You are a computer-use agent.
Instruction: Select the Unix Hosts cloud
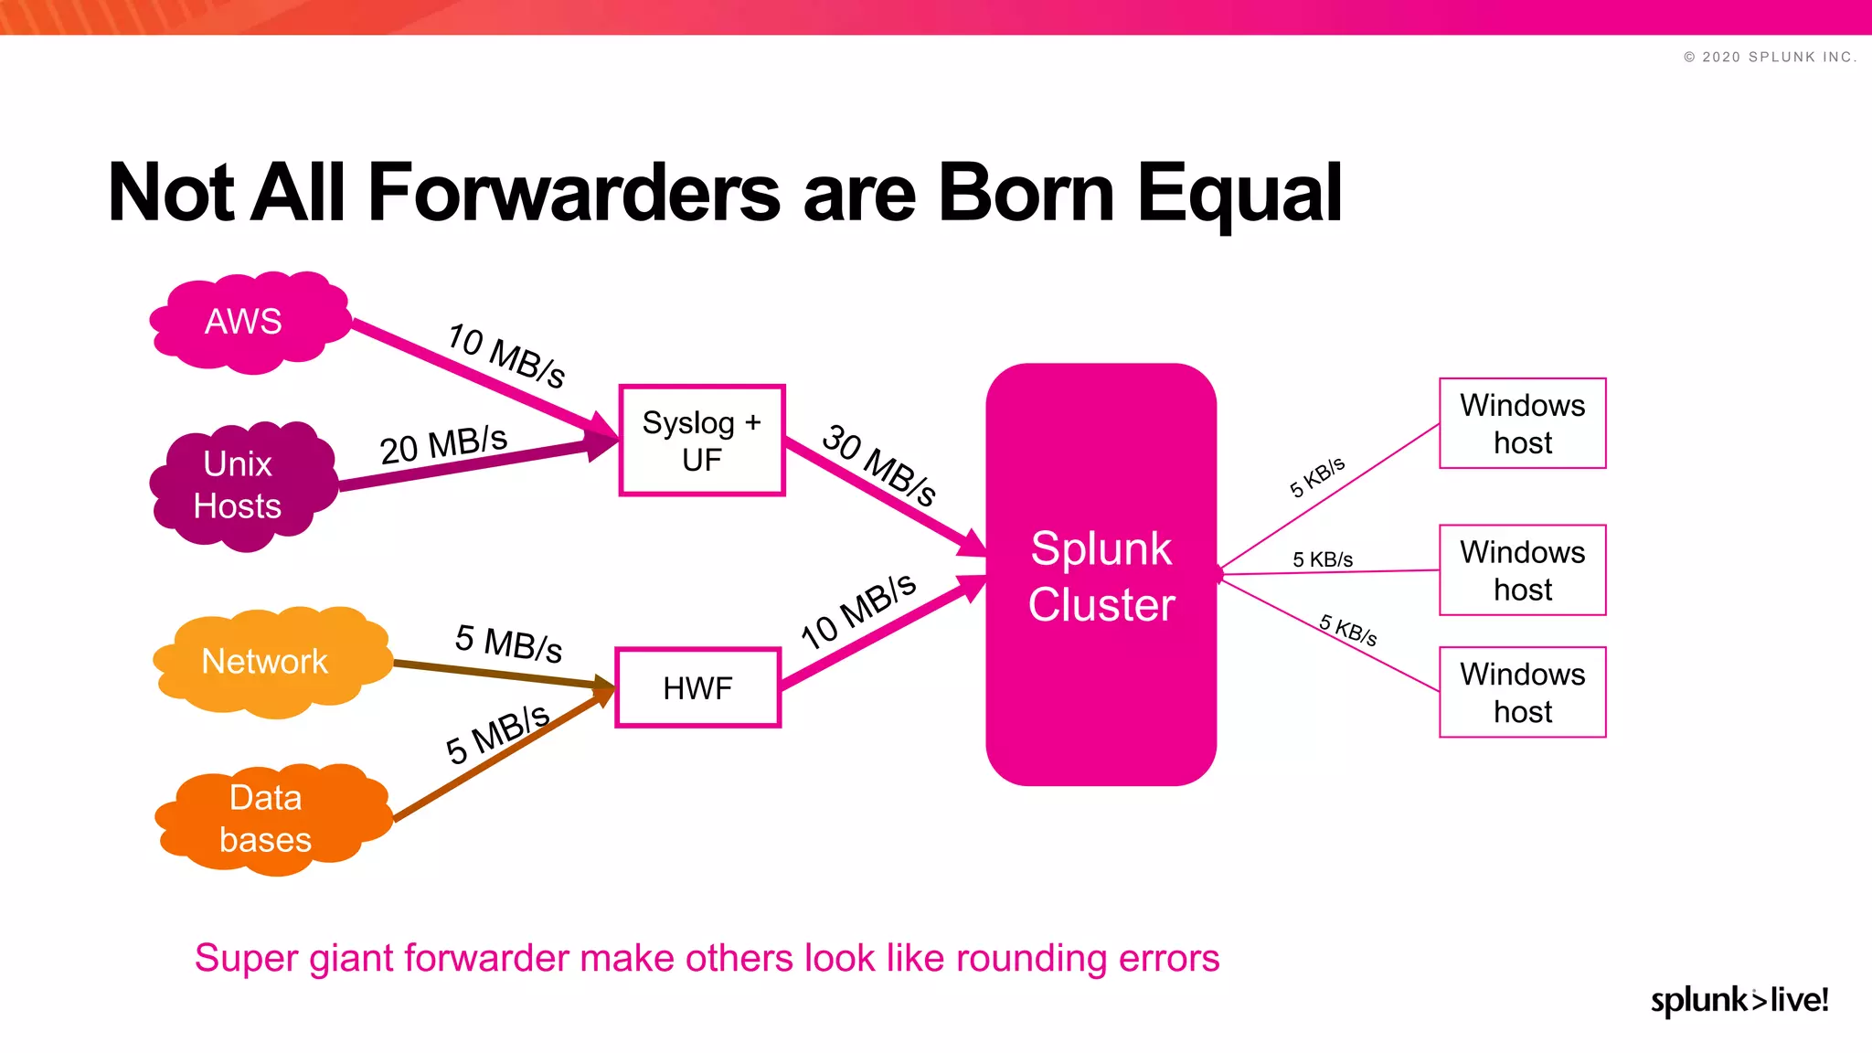point(239,485)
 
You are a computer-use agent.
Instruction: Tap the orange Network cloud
point(267,661)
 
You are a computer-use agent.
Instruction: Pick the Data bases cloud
point(267,818)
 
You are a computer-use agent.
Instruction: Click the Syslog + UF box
point(701,441)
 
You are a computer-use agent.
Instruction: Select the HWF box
point(697,687)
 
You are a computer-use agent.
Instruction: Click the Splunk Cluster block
point(1101,576)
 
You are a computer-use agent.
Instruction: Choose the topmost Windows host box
point(1522,423)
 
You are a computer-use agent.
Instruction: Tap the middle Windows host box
point(1522,570)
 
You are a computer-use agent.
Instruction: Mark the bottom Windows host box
point(1522,692)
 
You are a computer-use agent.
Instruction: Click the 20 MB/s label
point(443,445)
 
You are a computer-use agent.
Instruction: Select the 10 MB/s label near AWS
point(506,355)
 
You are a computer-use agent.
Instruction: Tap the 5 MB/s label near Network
point(508,643)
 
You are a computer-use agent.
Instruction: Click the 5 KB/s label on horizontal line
point(1322,559)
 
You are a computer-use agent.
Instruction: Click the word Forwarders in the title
point(574,193)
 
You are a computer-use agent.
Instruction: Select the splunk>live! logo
point(1739,1000)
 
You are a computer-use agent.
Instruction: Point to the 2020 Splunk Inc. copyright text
point(1770,57)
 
